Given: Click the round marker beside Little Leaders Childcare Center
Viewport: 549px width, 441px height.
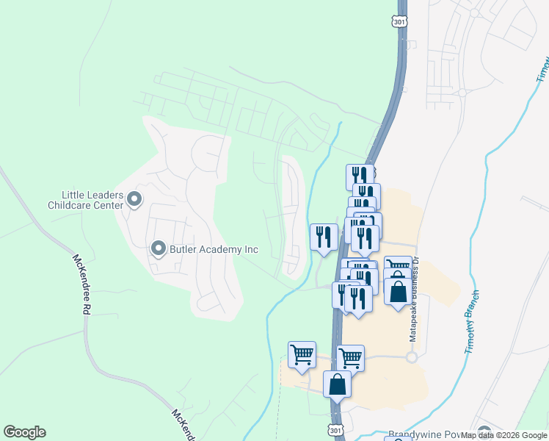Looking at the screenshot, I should tap(134, 199).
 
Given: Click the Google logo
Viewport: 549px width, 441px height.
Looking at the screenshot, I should tap(24, 432).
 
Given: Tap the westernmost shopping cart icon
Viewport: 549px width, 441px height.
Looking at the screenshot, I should tap(302, 354).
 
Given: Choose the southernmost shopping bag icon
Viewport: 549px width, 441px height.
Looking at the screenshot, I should tap(337, 384).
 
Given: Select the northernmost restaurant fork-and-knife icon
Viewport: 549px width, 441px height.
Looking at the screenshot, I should tap(360, 176).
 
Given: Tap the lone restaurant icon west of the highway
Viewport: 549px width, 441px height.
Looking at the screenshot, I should tap(324, 237).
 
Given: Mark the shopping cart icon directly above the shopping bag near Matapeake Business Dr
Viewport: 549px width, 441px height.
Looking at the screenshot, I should tap(397, 267).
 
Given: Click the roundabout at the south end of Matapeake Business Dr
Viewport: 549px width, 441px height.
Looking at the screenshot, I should tap(412, 357).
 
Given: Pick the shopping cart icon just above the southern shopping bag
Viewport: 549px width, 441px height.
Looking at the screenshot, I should tap(351, 358).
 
